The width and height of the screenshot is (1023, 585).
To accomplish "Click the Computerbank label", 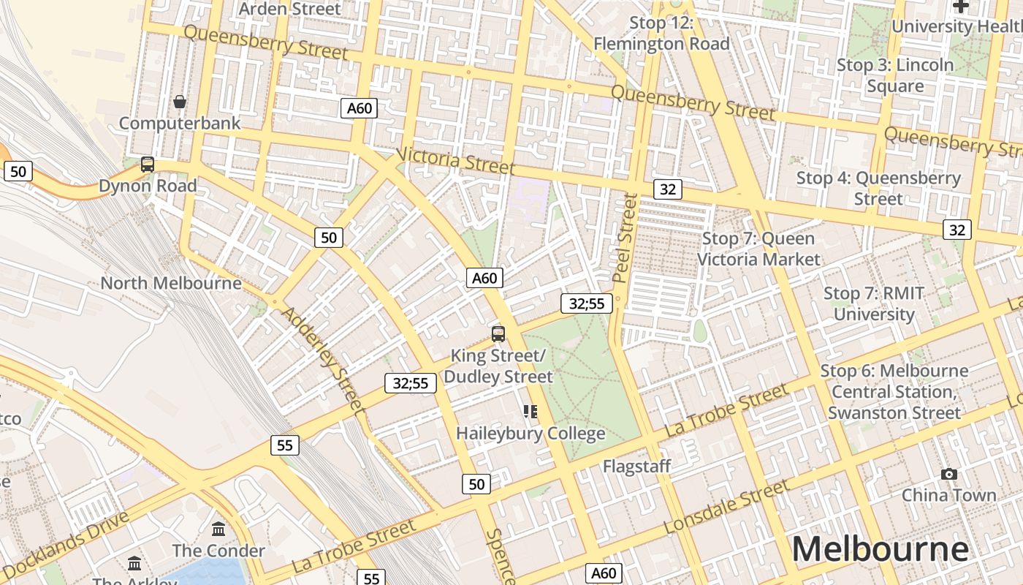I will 180,123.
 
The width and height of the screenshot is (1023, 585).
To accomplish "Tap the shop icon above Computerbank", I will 180,102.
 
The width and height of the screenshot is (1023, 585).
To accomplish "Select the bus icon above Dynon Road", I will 148,165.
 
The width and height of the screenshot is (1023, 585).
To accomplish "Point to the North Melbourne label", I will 171,283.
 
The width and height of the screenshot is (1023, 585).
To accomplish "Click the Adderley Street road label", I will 322,361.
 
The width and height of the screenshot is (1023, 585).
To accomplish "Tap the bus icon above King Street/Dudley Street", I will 498,334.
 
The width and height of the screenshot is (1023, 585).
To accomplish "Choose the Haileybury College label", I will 530,434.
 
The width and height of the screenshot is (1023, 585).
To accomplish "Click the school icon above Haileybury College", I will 530,412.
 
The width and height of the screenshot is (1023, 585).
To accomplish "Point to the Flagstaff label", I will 636,466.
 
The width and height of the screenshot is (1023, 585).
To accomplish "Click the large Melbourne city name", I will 880,549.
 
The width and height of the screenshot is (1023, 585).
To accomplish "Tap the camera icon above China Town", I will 949,474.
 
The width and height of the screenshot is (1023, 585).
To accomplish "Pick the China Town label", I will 949,495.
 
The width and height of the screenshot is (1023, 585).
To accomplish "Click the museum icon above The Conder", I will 218,529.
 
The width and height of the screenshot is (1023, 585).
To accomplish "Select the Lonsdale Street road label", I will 727,507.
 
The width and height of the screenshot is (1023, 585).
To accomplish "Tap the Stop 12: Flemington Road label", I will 661,34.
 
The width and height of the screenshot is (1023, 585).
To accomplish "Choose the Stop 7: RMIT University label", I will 874,303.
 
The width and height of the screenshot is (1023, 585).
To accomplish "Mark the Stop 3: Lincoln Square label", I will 895,75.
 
